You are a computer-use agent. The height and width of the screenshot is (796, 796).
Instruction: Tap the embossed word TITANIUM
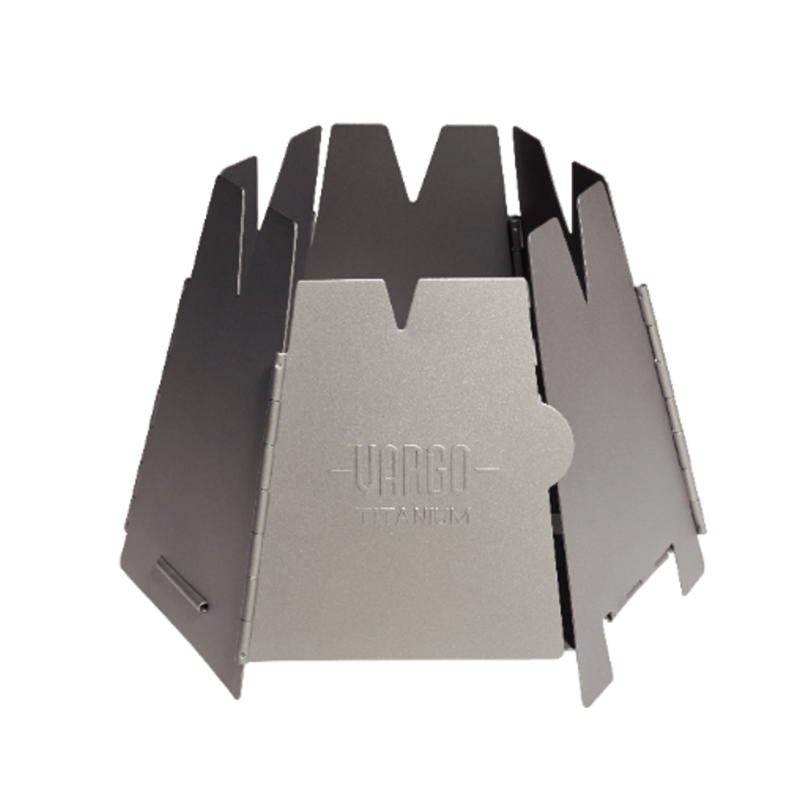tap(413, 517)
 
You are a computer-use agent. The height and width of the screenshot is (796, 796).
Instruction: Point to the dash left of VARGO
tap(340, 469)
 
